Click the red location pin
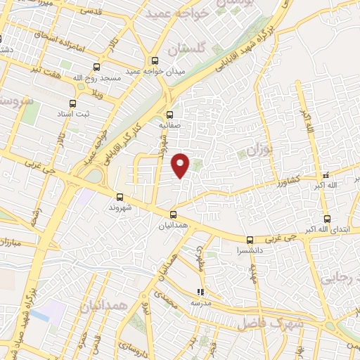tap(181, 165)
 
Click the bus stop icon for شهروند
tap(119, 198)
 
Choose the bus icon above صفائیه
tap(169, 115)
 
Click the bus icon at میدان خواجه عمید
tap(155, 60)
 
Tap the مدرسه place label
tap(200, 302)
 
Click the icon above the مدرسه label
tap(200, 292)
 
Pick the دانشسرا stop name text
tap(251, 250)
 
